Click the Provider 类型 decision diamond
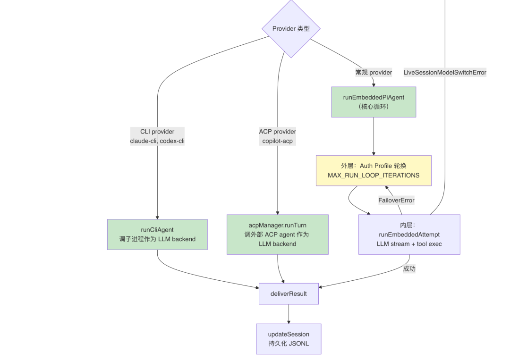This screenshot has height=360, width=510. coord(291,29)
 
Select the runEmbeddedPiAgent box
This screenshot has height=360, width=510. coord(374,102)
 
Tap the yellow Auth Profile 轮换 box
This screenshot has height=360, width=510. coord(374,171)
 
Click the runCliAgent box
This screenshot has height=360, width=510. coord(157,234)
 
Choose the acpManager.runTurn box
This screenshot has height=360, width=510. coord(278,234)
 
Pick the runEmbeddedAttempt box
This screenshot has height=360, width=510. coord(409,234)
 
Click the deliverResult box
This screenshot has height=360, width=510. coord(289,294)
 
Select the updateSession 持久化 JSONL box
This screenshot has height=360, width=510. coord(289,339)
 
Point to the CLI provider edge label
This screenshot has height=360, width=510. coord(157,136)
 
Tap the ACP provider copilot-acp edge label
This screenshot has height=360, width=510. coord(278,136)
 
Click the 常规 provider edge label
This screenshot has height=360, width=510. coord(374,73)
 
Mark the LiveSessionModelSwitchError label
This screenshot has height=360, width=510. coord(445,73)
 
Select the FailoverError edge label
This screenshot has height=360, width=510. coord(397,201)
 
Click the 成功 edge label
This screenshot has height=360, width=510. coord(409,268)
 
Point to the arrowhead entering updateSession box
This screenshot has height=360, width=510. coord(289,322)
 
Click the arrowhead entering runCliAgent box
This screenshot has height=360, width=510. coord(157,218)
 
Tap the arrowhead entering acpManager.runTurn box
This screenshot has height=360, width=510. coord(278,213)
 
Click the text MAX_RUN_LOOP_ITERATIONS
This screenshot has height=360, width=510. coord(374,176)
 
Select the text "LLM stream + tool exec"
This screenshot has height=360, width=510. coord(409,244)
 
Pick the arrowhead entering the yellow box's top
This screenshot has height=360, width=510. coord(374,154)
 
